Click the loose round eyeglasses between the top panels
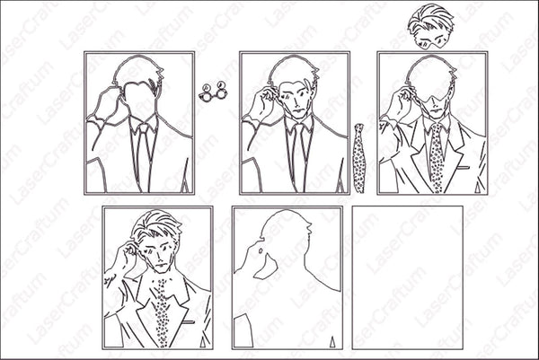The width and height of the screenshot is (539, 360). [213, 92]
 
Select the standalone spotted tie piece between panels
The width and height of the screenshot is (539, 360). [359, 158]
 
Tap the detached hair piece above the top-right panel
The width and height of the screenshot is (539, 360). [430, 26]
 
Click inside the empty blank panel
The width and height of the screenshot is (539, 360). [407, 277]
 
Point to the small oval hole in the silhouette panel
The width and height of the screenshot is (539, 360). [261, 250]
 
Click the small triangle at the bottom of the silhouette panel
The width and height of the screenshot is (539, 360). [332, 343]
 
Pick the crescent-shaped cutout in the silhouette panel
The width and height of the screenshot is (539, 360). [267, 268]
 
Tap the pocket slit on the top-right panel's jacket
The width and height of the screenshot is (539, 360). [464, 168]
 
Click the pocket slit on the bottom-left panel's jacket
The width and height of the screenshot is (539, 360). [188, 322]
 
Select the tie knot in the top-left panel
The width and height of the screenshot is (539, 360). [144, 127]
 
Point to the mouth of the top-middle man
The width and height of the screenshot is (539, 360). [298, 110]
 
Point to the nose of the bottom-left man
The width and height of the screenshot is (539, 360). [158, 257]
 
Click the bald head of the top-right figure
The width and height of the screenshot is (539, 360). [429, 74]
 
